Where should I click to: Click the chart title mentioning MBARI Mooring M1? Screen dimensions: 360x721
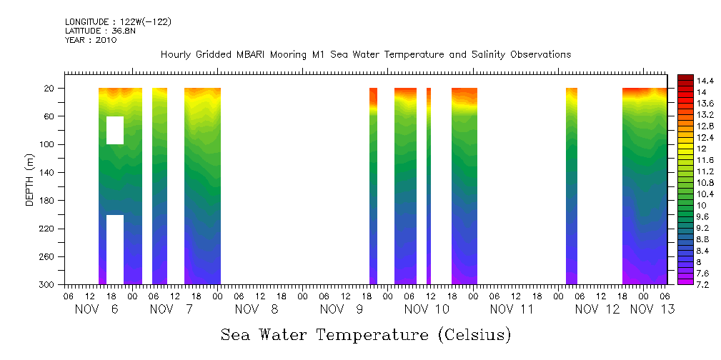[365, 55]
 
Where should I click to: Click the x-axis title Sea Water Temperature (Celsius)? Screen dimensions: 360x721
[365, 334]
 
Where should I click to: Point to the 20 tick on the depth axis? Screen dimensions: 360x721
[50, 89]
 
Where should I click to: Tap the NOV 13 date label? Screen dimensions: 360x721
[652, 309]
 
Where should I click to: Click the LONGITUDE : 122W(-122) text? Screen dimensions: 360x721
[118, 22]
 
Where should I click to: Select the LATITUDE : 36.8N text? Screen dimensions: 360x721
[101, 31]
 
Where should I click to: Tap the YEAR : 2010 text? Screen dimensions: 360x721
[91, 40]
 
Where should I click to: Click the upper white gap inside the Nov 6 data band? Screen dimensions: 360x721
[115, 130]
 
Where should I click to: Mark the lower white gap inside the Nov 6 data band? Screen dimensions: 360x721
[115, 249]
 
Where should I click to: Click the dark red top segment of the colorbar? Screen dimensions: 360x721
[685, 78]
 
